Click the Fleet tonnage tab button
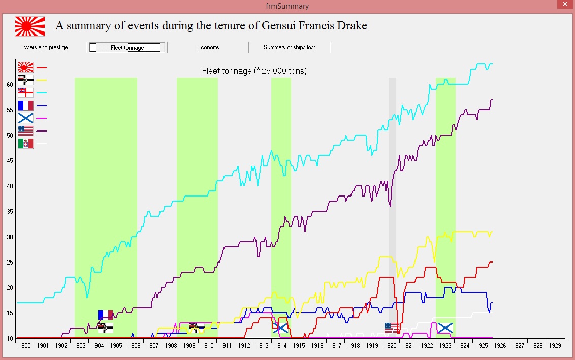127,47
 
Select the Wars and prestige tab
46,47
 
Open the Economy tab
208,47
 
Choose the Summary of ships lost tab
290,47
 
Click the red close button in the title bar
565,4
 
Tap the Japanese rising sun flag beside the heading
30,26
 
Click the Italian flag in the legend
26,144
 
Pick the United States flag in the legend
26,131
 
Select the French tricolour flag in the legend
26,106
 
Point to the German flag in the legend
26,80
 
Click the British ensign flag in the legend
26,93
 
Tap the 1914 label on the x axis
280,346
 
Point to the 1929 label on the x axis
555,346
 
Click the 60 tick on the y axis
10,85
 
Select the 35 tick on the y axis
10,212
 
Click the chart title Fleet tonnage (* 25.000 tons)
254,71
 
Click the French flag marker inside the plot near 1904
106,315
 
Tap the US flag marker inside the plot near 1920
392,328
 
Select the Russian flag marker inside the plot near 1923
445,328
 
